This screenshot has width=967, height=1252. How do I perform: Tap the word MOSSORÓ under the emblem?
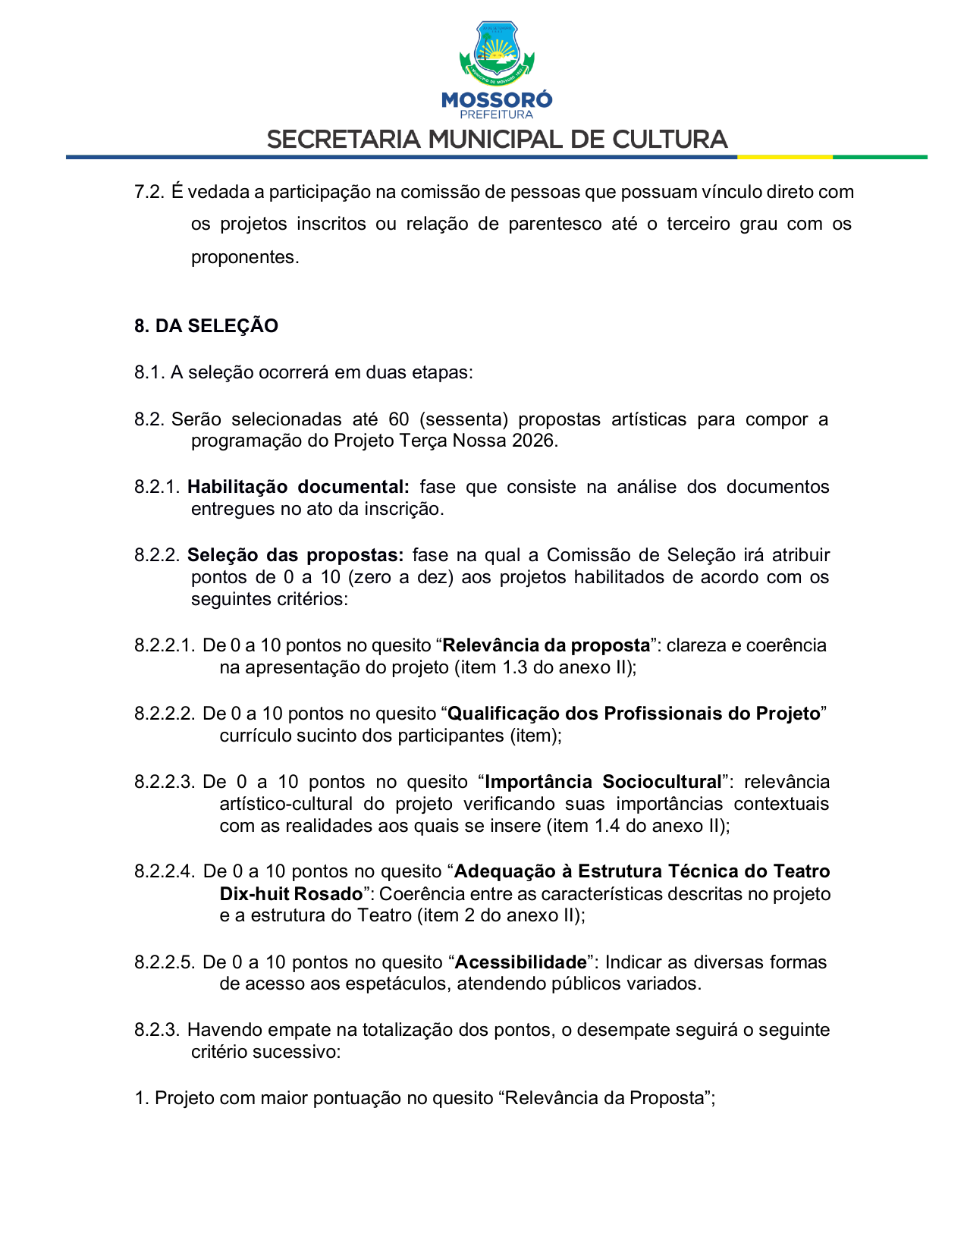point(497,100)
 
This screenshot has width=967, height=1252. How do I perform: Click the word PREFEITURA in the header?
point(497,115)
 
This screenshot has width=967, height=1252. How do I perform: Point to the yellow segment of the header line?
point(784,157)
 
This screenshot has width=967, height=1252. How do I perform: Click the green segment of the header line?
point(880,157)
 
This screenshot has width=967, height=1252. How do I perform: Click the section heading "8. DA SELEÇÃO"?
point(206,326)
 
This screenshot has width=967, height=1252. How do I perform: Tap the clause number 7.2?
point(149,192)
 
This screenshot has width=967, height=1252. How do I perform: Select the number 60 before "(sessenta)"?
point(398,419)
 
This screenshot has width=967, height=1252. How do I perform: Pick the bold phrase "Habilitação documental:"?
point(298,487)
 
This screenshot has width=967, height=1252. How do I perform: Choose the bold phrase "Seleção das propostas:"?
point(296,555)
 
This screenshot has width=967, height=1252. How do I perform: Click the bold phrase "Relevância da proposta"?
point(546,645)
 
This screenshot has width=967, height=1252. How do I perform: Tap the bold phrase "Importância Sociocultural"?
point(603,782)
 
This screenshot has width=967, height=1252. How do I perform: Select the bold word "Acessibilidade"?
point(520,962)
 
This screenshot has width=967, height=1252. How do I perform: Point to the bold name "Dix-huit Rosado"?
point(291,894)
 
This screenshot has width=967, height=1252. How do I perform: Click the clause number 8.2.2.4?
point(165,872)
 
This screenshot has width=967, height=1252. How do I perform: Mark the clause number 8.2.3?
point(157,1030)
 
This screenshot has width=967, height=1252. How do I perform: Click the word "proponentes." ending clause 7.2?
point(245,257)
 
